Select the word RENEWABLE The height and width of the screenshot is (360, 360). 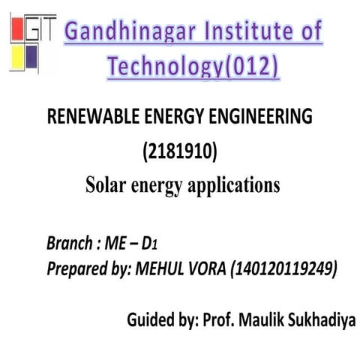(90, 117)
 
